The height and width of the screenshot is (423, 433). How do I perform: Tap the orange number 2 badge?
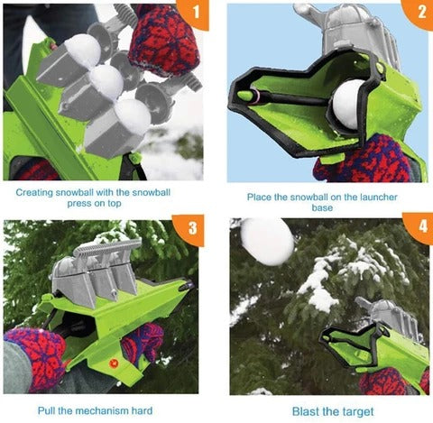[x=419, y=14]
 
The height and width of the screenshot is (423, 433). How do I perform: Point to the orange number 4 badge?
[x=419, y=228]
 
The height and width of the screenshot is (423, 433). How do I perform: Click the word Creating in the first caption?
[x=34, y=192]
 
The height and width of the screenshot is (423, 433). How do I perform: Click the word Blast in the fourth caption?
[x=305, y=411]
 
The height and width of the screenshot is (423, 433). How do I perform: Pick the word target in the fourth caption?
[x=359, y=412]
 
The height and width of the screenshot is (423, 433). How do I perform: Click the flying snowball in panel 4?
[x=267, y=242]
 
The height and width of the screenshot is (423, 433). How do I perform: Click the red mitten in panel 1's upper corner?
[x=164, y=39]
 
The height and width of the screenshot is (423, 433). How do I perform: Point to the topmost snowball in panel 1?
[x=83, y=51]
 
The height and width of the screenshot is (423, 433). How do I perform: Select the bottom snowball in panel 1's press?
[x=133, y=115]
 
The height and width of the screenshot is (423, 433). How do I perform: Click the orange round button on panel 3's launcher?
[x=114, y=363]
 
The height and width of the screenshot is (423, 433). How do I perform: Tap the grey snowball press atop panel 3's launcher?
[x=97, y=272]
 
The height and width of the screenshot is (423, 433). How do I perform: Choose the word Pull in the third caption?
[x=46, y=410]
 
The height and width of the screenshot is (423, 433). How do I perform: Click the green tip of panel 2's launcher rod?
[x=245, y=95]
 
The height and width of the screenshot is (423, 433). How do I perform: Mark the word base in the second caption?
[x=322, y=207]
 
